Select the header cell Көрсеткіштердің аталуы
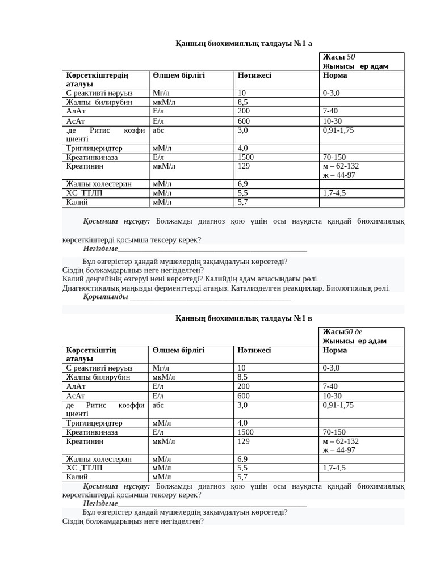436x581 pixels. (97, 79)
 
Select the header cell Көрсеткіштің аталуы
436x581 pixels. (91, 355)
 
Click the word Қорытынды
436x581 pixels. (106, 297)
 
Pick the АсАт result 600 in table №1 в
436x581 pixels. (244, 395)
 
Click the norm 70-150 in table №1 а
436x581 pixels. (334, 157)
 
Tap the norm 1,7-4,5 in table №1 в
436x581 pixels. (334, 468)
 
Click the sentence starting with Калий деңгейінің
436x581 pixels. (191, 279)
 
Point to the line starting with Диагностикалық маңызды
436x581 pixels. (226, 288)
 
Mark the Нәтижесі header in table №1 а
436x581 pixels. (254, 75)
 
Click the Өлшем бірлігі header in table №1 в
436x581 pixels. (178, 350)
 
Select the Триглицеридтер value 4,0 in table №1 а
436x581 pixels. (242, 148)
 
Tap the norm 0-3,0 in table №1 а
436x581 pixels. (332, 93)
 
